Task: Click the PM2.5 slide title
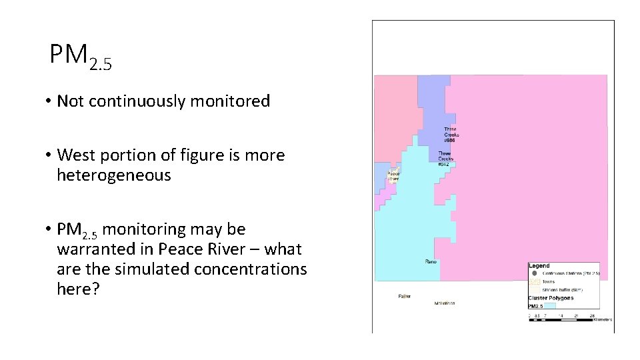pyautogui.click(x=81, y=56)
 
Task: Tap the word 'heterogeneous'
pyautogui.click(x=114, y=176)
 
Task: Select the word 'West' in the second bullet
pyautogui.click(x=77, y=155)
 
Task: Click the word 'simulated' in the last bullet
pyautogui.click(x=144, y=269)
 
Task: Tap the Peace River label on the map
pyautogui.click(x=393, y=176)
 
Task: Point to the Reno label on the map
pyautogui.click(x=431, y=262)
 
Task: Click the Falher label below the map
pyautogui.click(x=405, y=296)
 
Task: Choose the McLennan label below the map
pyautogui.click(x=444, y=303)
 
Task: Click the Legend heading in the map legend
pyautogui.click(x=539, y=266)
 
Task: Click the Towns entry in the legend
pyautogui.click(x=548, y=282)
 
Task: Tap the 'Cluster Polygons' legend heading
pyautogui.click(x=550, y=298)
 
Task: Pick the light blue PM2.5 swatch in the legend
pyautogui.click(x=551, y=306)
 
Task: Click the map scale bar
pyautogui.click(x=561, y=320)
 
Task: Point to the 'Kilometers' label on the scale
pyautogui.click(x=603, y=320)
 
